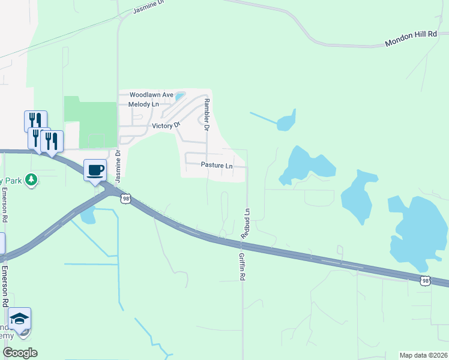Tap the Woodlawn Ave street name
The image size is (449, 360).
pyautogui.click(x=151, y=95)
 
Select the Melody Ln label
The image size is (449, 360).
pyautogui.click(x=143, y=104)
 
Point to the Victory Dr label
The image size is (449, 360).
pyautogui.click(x=166, y=125)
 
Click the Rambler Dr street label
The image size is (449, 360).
pyautogui.click(x=206, y=115)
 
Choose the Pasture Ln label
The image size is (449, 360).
pyautogui.click(x=217, y=165)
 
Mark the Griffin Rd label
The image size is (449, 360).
pyautogui.click(x=243, y=267)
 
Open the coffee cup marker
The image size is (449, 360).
pyautogui.click(x=95, y=170)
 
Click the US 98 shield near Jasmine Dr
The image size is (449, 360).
pyautogui.click(x=125, y=199)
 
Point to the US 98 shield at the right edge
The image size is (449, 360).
pyautogui.click(x=425, y=280)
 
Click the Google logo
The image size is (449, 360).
pyautogui.click(x=20, y=352)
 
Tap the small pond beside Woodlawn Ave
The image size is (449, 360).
pyautogui.click(x=179, y=95)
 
